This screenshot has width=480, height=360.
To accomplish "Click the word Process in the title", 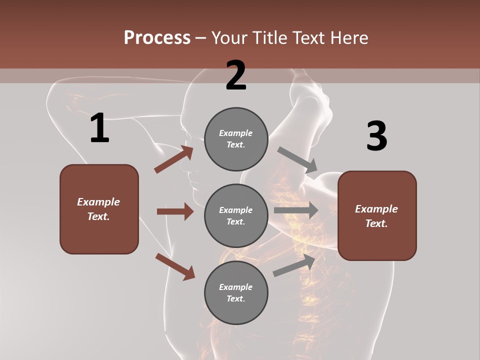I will tap(157, 38).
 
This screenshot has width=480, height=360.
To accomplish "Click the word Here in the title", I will tap(346, 38).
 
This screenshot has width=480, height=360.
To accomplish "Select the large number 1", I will tap(99, 128).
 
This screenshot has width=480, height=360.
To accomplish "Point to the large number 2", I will tap(236, 75).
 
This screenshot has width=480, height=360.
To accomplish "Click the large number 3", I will tap(377, 136).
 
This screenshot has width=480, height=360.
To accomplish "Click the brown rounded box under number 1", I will tap(99, 209).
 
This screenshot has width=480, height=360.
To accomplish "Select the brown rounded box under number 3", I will tap(377, 216).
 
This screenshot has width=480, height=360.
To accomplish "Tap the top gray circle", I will tap(236, 139).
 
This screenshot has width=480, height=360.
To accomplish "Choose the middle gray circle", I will tap(236, 215).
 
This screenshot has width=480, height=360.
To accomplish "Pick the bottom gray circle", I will tap(236, 292).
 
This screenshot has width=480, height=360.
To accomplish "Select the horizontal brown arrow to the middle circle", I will tap(175, 211).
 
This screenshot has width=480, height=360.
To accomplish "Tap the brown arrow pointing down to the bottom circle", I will tap(175, 266).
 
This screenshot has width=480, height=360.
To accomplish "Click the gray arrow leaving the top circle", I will tap(297, 159).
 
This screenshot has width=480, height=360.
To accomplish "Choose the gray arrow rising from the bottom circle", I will tap(294, 265).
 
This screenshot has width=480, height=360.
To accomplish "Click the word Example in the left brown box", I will tap(98, 202).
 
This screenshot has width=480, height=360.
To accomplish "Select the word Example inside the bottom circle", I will tap(236, 287).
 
